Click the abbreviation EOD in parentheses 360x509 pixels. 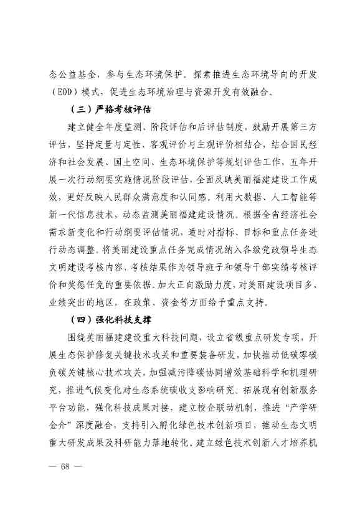pos(65,91)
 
